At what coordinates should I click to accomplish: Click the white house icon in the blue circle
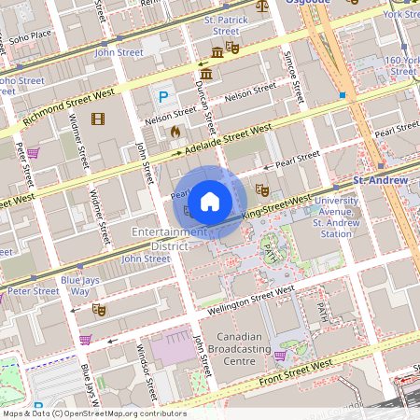210,201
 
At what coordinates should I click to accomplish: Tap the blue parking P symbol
164,97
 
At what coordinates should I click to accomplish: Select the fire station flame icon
174,132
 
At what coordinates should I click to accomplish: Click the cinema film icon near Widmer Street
99,119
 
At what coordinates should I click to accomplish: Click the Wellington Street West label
245,300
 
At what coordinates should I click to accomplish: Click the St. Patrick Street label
221,25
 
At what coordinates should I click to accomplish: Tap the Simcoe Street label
295,76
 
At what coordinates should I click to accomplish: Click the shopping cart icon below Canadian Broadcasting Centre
279,356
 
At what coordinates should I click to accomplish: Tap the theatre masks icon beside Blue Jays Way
99,309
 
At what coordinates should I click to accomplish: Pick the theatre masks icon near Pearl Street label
263,189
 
